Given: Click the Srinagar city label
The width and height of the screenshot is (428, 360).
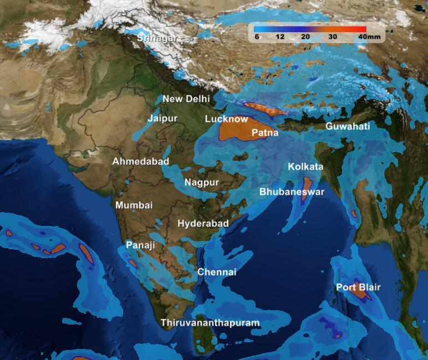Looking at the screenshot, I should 157,38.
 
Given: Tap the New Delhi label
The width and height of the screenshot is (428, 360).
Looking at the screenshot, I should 186,99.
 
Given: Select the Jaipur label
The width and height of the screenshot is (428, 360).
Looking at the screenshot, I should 162,119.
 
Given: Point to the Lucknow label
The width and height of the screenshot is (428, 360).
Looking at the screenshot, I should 226,119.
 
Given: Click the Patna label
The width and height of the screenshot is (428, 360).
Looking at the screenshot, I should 265,133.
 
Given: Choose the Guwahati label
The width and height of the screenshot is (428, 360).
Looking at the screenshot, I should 348,126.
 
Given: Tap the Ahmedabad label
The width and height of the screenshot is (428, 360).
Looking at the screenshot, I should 141,162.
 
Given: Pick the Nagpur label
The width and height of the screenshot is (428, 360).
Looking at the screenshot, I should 202,182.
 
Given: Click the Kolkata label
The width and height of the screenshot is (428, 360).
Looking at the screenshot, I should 305,167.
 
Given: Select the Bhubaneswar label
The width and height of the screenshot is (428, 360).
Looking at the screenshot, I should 292,192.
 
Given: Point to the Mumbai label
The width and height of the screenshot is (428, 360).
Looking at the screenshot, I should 134,205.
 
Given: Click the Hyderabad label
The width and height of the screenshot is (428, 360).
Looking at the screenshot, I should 203,223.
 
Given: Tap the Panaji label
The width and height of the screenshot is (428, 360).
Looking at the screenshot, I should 140,245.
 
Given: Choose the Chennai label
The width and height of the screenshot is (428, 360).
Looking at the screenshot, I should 217,272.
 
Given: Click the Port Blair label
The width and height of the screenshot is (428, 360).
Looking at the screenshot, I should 358,287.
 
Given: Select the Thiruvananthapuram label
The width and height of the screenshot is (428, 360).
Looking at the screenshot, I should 210,322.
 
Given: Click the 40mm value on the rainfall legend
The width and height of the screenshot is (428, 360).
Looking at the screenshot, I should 369,37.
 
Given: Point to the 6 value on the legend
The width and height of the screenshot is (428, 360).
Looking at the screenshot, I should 257,37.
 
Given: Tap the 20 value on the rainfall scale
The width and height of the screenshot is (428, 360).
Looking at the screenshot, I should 305,37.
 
